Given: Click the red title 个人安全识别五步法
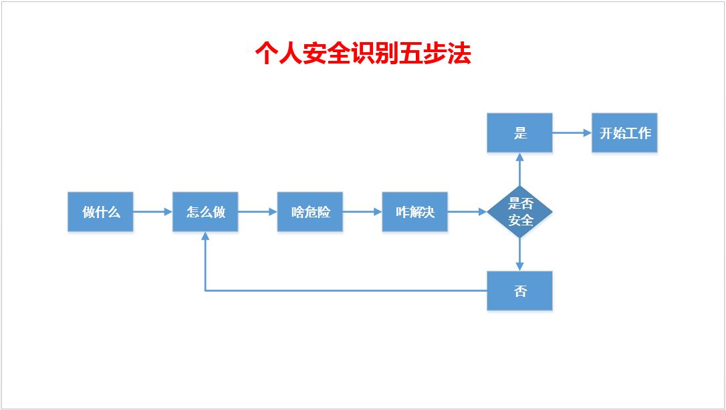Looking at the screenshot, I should pyautogui.click(x=363, y=54).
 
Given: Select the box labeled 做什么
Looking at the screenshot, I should pyautogui.click(x=100, y=212).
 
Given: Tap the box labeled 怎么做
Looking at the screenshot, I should pyautogui.click(x=205, y=212).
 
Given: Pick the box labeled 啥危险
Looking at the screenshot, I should pyautogui.click(x=310, y=212).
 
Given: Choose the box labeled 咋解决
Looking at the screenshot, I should pyautogui.click(x=414, y=212).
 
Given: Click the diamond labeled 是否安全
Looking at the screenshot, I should pyautogui.click(x=520, y=212).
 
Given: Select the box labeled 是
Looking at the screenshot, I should pyautogui.click(x=520, y=133).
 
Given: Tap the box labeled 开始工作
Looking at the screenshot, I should pyautogui.click(x=624, y=133).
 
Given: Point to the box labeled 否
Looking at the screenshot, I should pyautogui.click(x=520, y=291).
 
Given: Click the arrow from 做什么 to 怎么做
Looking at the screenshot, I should pyautogui.click(x=152, y=212).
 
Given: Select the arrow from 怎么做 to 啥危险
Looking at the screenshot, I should pyautogui.click(x=257, y=212).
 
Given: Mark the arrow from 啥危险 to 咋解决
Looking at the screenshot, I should pyautogui.click(x=362, y=212).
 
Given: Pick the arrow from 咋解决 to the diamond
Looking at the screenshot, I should pyautogui.click(x=467, y=212).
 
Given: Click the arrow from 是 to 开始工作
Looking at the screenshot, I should pyautogui.click(x=572, y=133).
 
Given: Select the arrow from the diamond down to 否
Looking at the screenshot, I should pyautogui.click(x=520, y=255).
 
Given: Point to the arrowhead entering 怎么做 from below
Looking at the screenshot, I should pyautogui.click(x=205, y=237).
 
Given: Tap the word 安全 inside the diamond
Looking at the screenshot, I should pyautogui.click(x=520, y=221).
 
